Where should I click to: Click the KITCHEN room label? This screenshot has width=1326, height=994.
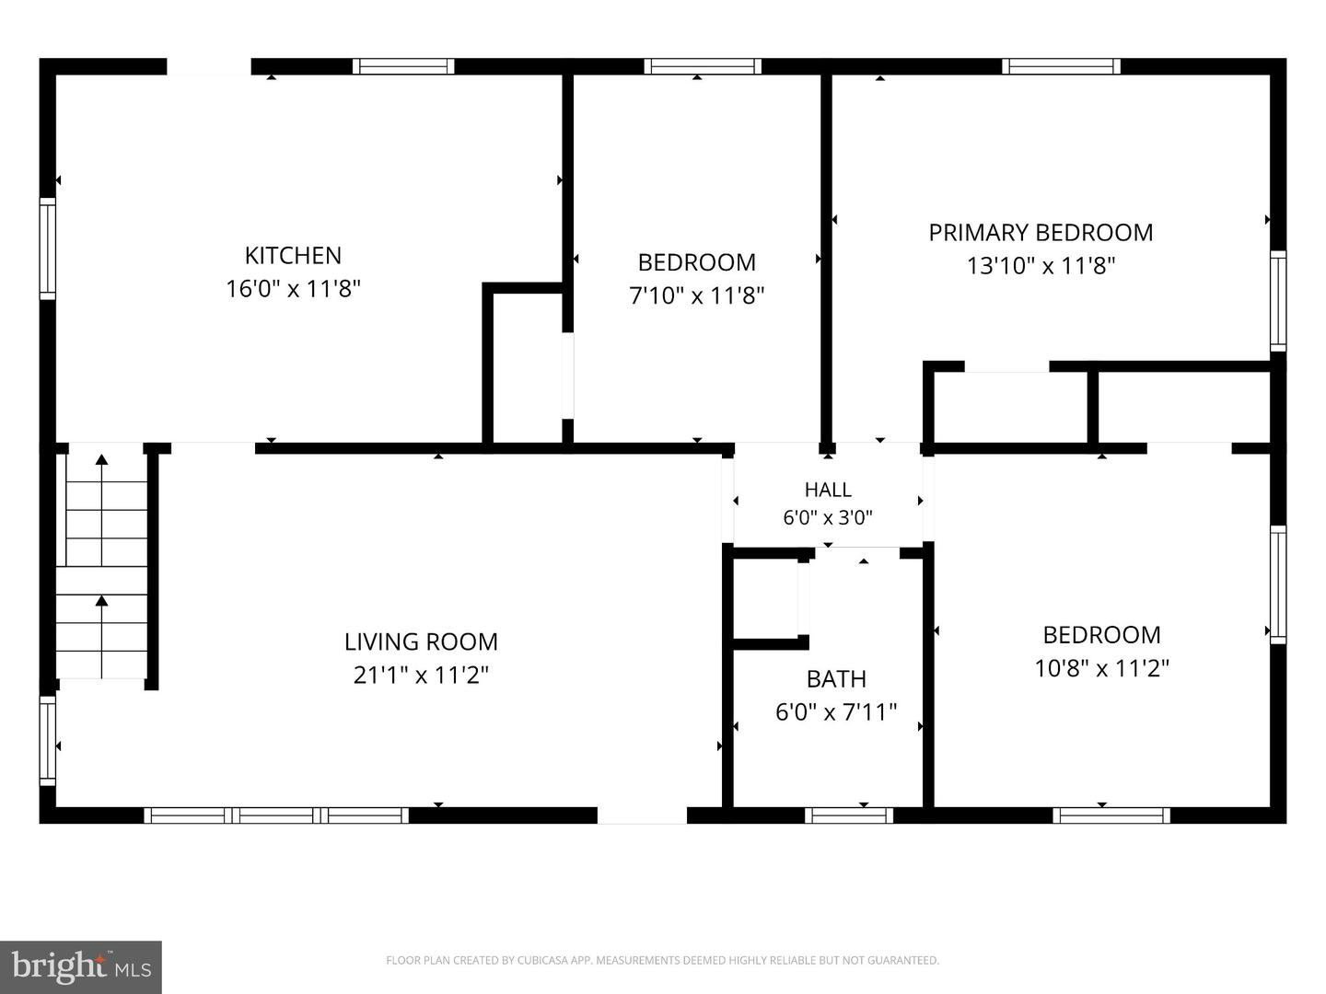pos(293,256)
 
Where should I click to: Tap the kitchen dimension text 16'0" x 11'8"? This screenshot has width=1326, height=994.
pos(293,288)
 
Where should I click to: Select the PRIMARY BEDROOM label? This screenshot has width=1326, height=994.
pos(1041,232)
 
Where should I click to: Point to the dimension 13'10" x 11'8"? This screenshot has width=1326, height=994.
pos(1041,266)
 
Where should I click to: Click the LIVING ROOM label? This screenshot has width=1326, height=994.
pos(421,641)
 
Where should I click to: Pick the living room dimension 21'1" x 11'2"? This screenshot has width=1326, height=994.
pos(421,675)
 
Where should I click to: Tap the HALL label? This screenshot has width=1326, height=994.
pos(828,490)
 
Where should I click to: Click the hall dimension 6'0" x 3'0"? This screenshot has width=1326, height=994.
pos(828,518)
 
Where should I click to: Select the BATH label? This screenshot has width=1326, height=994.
pos(836,679)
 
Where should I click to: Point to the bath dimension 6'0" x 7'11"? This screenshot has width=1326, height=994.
pos(836,712)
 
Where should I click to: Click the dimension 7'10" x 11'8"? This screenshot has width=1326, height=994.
pos(696,295)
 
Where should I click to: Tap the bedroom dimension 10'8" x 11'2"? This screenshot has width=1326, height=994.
pos(1102,668)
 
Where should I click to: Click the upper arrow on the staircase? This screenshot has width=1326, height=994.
pos(102,509)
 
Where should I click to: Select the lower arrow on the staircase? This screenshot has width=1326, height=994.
pos(102,636)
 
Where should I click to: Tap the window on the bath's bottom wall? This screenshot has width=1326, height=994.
pos(849,815)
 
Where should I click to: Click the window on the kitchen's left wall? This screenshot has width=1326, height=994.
pos(48,248)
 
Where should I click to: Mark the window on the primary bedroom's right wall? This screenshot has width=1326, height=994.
pos(1278,301)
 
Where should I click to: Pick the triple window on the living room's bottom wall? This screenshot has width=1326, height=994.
pos(276,815)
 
